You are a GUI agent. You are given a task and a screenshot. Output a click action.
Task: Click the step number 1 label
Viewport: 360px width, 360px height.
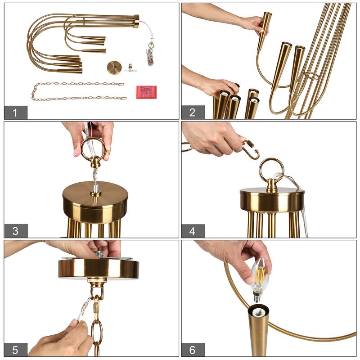point(16,112)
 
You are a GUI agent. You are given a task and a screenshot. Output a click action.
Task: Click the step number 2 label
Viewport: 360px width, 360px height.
point(193,112)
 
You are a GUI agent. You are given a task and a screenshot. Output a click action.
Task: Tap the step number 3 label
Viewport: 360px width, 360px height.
point(16,231)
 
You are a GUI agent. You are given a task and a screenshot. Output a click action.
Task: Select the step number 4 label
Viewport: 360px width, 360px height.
point(193,231)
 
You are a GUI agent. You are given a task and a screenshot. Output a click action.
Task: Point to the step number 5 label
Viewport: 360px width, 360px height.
point(16,350)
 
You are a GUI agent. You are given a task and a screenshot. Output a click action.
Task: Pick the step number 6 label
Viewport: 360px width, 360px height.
point(193,350)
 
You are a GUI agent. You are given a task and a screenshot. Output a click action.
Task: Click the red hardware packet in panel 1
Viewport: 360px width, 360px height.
point(147,92)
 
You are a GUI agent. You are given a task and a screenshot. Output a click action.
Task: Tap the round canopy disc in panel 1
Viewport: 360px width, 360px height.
point(115,67)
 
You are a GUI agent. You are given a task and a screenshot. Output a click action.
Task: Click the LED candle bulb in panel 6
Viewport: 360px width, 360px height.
point(261,279)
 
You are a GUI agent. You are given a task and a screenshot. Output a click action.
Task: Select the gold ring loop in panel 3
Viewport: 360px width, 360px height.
point(93,149)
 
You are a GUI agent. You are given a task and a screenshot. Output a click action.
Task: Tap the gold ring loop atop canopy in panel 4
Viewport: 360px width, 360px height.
point(271,170)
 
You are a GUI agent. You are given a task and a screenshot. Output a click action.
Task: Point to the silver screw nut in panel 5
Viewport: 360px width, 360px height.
point(99,254)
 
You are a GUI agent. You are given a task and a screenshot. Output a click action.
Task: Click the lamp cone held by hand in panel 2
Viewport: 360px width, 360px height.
point(264,30)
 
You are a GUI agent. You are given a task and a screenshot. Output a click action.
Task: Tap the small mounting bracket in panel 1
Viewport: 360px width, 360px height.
point(130,68)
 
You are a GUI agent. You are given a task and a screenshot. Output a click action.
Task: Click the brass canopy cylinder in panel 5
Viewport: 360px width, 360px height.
point(99,268)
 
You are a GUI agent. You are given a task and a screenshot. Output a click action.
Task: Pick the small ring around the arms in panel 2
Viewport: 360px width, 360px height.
point(312,76)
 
